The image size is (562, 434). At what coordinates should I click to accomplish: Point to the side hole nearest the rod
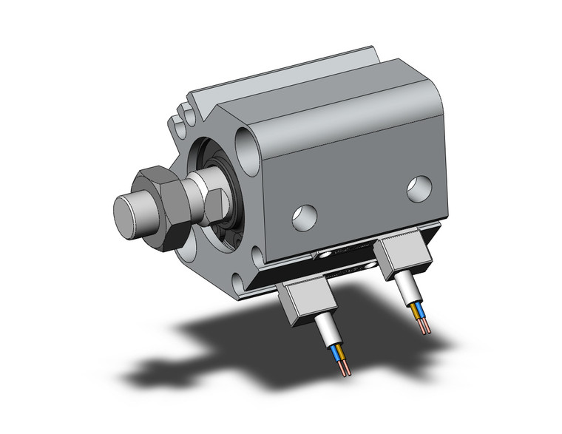coord(303,215)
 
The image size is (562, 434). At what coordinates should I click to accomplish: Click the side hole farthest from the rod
coord(419,189)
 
